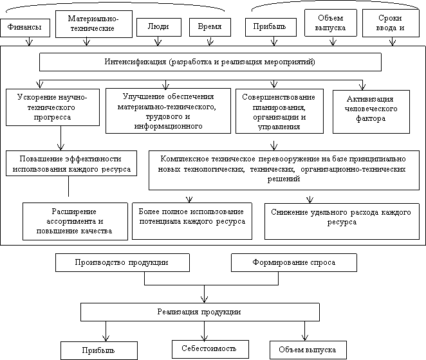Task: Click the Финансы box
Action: coord(25,28)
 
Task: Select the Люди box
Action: coord(159,27)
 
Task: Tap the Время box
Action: coord(210,27)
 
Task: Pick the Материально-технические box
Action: coord(94,24)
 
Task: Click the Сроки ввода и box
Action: coord(391,23)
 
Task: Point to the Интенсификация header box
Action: coord(210,62)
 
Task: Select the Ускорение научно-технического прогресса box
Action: coord(53,107)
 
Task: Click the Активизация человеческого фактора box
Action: coord(371,112)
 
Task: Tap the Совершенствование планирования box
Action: coord(279,111)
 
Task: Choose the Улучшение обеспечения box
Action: coord(168,111)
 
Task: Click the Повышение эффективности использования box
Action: coord(71,163)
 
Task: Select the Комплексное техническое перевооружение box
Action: coord(284,170)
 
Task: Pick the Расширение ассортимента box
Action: coord(75,221)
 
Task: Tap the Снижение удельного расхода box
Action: coord(342,221)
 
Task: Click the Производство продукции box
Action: coord(122,262)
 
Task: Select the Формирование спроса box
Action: coord(294,262)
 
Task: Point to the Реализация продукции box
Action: coord(200,312)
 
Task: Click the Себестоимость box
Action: coord(210,349)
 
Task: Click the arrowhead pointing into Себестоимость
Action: coord(204,337)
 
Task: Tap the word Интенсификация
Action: coord(135,62)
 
